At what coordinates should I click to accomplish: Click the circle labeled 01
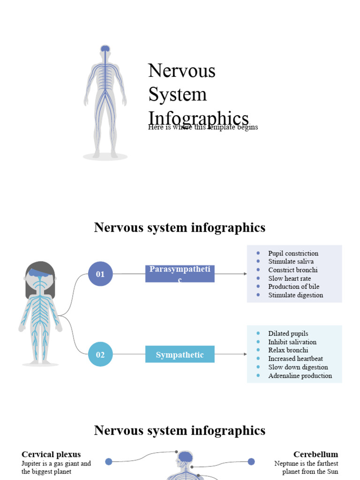coord(100,274)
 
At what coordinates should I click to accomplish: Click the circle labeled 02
coord(100,354)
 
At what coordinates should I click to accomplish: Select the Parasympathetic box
coord(180,274)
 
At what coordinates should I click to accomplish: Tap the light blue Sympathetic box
coord(180,354)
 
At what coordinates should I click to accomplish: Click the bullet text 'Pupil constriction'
coord(293,253)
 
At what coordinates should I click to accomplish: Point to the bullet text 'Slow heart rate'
coord(289,278)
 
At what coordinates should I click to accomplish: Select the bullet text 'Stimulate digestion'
coord(295,295)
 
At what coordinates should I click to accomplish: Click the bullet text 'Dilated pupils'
coord(288,334)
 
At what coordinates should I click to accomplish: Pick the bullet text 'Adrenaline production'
coord(300,375)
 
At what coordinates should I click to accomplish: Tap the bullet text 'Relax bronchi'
coord(288,350)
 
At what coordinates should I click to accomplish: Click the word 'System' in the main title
coord(177,94)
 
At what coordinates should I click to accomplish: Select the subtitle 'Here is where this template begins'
coord(202,127)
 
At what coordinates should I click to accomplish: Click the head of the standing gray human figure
coord(105,50)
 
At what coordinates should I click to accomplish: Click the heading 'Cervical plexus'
coord(51,454)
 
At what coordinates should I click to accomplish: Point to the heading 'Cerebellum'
coord(315,454)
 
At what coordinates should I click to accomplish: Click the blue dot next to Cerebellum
coord(251,461)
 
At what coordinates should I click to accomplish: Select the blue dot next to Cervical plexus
coord(109,461)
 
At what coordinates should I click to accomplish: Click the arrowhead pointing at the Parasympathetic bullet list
coord(245,274)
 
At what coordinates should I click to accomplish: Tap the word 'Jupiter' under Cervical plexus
coord(31,464)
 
